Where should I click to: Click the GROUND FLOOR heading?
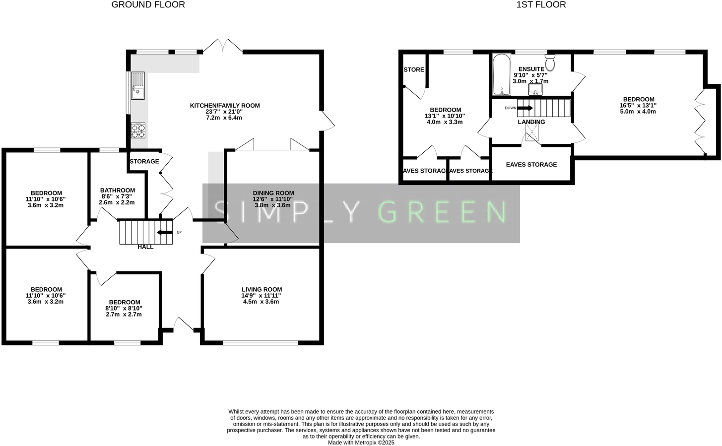[148, 5]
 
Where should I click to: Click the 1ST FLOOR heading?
[541, 5]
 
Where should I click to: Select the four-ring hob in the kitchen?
[138, 130]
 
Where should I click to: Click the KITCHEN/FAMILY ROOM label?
[225, 106]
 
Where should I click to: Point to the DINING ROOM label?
[273, 193]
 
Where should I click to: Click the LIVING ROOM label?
[262, 289]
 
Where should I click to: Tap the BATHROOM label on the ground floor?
[118, 191]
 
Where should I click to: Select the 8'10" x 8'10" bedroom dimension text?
[124, 308]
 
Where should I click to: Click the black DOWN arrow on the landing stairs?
[525, 108]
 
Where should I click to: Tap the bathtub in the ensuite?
[502, 75]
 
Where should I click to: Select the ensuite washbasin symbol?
[535, 90]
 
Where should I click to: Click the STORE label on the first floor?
[414, 69]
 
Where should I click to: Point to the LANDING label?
[531, 122]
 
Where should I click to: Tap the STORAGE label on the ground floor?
[144, 161]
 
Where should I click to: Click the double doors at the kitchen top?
[222, 46]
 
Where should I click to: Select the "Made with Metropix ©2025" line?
[361, 443]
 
